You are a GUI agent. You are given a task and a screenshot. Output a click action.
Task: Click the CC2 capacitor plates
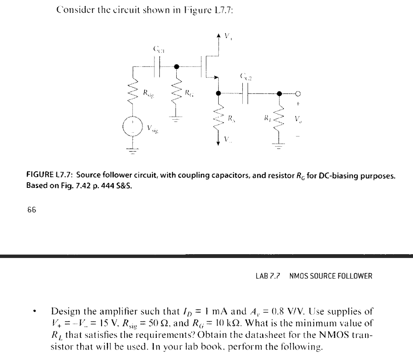pos(245,93)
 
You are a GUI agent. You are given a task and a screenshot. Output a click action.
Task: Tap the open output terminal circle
pos(298,93)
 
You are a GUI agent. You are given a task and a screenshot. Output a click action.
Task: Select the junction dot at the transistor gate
pos(176,66)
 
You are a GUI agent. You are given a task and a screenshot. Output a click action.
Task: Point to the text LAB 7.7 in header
pos(270,276)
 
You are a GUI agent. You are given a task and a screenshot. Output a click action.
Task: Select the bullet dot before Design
pos(36,312)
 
